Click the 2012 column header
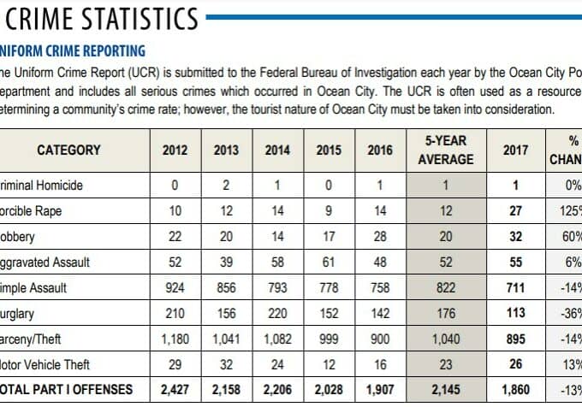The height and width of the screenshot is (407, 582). tap(175, 150)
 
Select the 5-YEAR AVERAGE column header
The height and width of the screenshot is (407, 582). tap(445, 150)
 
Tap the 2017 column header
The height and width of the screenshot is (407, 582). tap(515, 150)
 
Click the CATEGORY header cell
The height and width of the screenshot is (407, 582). tap(68, 150)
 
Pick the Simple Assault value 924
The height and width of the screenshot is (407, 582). tap(175, 287)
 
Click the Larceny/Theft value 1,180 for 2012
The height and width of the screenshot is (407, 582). tap(175, 339)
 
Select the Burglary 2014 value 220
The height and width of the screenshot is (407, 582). tap(277, 313)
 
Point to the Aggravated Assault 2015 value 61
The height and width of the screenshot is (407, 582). tap(329, 262)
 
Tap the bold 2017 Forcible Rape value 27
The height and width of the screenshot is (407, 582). tap(515, 210)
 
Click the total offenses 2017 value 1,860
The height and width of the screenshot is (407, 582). tap(515, 389)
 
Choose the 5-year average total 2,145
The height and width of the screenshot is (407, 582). tap(445, 389)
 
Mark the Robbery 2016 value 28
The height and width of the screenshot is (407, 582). tap(380, 236)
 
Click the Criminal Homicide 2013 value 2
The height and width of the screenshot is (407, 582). tap(226, 185)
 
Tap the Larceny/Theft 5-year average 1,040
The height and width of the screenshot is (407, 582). tap(445, 339)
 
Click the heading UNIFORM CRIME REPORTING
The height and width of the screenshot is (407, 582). tap(72, 51)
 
